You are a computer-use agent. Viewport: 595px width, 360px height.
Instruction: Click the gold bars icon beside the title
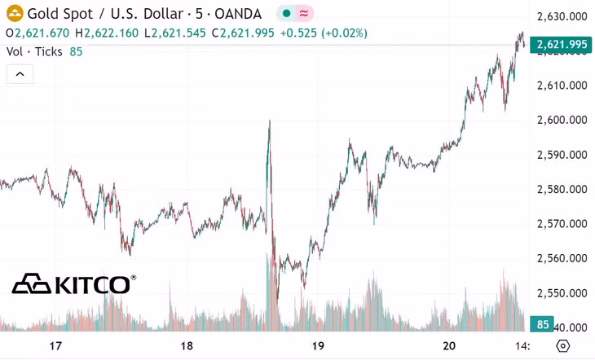click(15, 14)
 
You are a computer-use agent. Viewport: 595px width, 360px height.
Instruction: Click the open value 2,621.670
click(42, 33)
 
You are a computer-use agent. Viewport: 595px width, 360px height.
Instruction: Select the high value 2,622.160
click(111, 33)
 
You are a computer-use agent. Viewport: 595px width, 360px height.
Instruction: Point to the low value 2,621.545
click(178, 33)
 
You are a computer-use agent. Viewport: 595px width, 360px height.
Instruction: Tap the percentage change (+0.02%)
click(344, 33)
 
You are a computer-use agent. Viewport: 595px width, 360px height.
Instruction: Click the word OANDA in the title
click(238, 14)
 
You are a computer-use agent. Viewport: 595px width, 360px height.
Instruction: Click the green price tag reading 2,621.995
click(561, 45)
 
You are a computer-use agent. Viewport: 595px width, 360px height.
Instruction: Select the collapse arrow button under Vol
click(20, 74)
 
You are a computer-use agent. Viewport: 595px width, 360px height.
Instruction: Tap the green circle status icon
click(286, 14)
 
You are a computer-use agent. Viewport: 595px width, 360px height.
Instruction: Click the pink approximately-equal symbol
click(303, 14)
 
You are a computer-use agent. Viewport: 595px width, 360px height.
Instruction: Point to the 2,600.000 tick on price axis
click(562, 120)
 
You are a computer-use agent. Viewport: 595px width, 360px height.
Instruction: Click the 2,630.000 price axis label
click(562, 16)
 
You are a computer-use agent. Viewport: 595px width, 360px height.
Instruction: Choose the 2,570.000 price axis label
click(562, 224)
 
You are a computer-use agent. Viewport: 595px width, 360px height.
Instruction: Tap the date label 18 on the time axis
click(187, 346)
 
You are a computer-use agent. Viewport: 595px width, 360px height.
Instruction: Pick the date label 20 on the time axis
click(449, 346)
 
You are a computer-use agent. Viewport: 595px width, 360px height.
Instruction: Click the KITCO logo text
click(93, 285)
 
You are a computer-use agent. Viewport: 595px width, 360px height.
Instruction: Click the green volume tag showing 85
click(542, 324)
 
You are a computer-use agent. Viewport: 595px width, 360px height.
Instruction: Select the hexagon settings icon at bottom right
click(562, 346)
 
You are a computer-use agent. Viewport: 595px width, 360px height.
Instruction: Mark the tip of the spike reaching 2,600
click(270, 121)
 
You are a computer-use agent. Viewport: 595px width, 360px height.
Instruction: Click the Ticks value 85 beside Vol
click(76, 51)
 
